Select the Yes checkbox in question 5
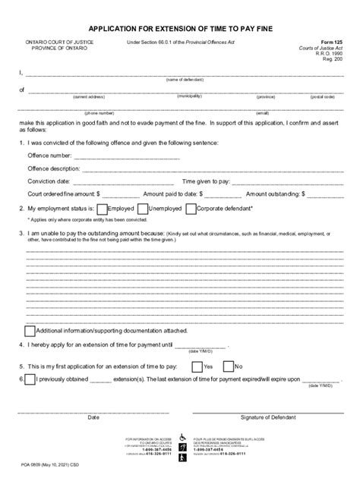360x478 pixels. click(x=197, y=366)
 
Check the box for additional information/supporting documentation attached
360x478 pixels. click(x=30, y=331)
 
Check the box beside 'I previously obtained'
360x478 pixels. click(x=30, y=381)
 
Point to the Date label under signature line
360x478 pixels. click(x=93, y=417)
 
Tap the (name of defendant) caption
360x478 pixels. click(x=182, y=79)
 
